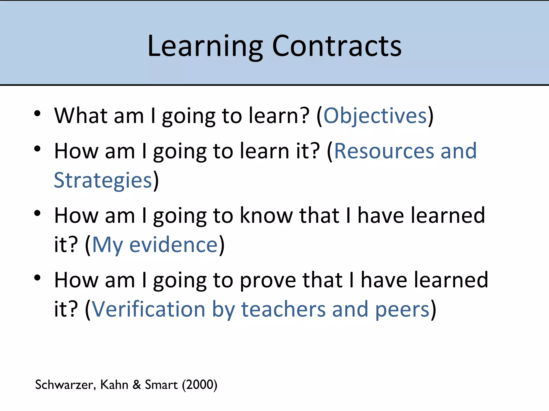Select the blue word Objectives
point(375,116)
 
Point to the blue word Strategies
point(103,180)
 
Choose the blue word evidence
point(173,245)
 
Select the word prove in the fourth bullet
point(268,280)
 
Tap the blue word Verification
point(149,309)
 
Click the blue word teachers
point(283,309)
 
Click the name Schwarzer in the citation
point(65,385)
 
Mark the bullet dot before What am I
point(37,113)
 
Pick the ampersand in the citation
point(137,385)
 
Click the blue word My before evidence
point(107,245)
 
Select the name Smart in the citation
point(161,385)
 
